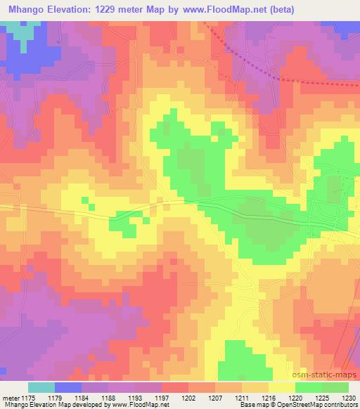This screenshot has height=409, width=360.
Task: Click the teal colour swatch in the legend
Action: click(41, 387)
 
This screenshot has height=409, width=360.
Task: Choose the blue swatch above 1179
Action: click(68, 387)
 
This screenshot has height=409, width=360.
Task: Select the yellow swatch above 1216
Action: click(282, 387)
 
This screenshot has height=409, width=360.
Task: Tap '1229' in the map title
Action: click(116, 9)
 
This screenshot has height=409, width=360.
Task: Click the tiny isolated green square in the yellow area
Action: click(85, 202)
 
